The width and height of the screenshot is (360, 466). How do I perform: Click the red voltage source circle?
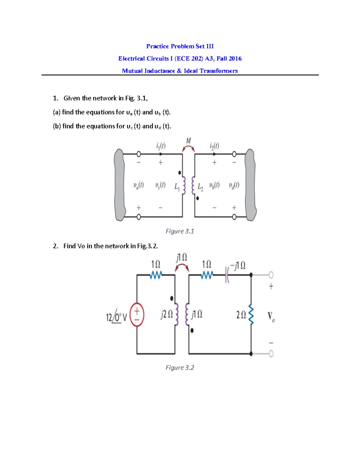(137, 315)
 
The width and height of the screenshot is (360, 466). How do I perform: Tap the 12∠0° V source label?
(116, 317)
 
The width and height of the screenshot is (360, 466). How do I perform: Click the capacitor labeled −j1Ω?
(227, 274)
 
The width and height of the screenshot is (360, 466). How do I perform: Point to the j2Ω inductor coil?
(177, 314)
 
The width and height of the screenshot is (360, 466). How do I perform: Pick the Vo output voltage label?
(271, 317)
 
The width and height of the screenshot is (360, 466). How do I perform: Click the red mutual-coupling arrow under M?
(188, 148)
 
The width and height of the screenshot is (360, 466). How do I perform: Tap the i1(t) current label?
(161, 146)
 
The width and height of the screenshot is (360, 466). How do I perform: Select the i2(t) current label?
(214, 146)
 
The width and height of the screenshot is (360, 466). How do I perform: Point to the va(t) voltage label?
(139, 185)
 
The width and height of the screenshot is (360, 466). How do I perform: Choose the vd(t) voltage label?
(234, 185)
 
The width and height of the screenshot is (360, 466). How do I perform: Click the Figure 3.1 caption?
(180, 231)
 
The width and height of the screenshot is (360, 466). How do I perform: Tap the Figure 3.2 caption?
(180, 368)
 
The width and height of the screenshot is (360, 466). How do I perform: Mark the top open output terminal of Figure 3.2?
(271, 275)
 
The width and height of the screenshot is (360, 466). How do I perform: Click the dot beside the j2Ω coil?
(172, 298)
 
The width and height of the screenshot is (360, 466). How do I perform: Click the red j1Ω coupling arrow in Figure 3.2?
(182, 267)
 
